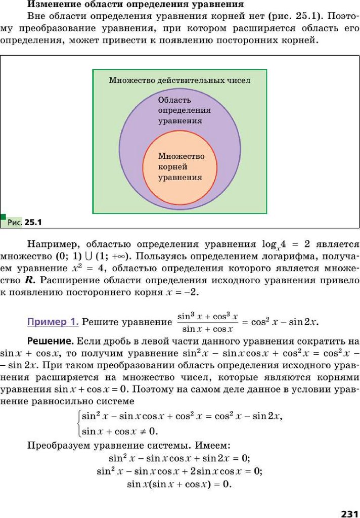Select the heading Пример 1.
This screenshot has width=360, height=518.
click(x=53, y=322)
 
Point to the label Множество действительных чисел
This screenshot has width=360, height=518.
click(x=179, y=80)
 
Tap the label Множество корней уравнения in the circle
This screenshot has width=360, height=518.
click(x=181, y=166)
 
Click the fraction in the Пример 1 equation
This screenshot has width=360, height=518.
click(x=207, y=322)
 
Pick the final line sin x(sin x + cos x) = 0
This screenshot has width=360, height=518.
click(x=179, y=484)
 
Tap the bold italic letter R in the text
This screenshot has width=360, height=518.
click(x=18, y=279)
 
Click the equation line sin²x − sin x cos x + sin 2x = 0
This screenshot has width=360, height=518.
click(x=179, y=458)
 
